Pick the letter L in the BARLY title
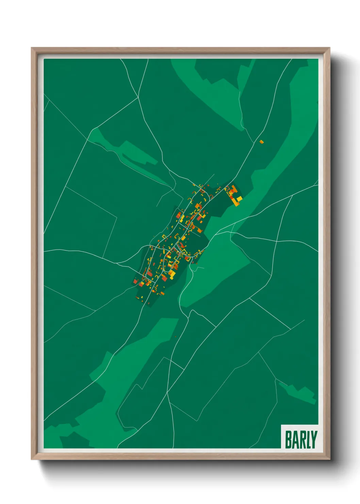[308, 440]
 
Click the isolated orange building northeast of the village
[261, 142]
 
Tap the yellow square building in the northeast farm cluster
[239, 198]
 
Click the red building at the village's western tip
[135, 282]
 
